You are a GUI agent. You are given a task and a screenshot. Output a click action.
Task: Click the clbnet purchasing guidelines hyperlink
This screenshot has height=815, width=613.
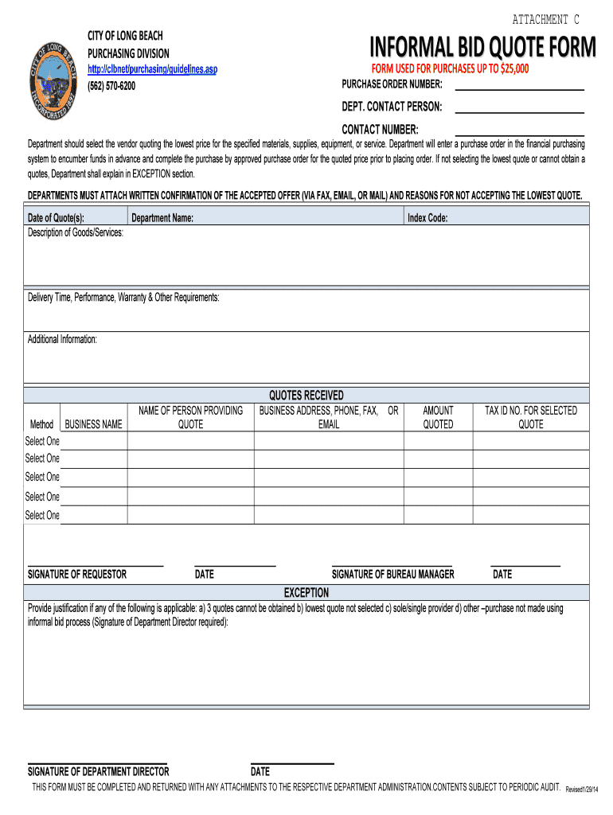click(152, 70)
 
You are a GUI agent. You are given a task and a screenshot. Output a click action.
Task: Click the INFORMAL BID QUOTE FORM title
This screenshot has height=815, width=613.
click(482, 49)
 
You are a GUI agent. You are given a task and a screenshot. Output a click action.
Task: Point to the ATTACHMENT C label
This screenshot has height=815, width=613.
click(545, 19)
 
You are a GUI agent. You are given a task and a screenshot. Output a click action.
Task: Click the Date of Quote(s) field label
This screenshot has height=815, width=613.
click(56, 217)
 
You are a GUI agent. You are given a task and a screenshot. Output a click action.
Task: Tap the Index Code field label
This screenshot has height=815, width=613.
click(428, 217)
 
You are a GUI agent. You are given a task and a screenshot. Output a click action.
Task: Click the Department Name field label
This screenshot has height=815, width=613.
click(162, 217)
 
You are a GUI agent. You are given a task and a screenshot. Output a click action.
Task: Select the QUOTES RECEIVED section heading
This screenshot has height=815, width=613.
click(306, 395)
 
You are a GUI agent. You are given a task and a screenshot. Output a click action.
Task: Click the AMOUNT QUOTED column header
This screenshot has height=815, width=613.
click(438, 417)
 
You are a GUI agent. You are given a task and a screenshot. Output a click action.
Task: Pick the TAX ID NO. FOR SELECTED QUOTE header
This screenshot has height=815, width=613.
click(531, 417)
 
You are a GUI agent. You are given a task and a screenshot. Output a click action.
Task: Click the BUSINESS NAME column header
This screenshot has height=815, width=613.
click(94, 424)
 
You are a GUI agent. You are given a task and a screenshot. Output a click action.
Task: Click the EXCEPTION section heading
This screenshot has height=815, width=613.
click(306, 593)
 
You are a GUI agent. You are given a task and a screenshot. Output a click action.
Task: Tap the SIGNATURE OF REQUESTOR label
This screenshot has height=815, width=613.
click(77, 574)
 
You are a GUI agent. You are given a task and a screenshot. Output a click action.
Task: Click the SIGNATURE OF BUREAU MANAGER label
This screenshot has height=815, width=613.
click(392, 574)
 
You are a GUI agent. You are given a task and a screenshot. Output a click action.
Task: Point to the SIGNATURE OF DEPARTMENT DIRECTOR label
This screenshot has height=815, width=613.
click(99, 771)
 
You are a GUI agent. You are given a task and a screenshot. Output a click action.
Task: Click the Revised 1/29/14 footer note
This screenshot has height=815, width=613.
click(588, 789)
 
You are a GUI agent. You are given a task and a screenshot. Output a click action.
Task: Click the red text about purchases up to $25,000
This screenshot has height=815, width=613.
click(450, 68)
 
